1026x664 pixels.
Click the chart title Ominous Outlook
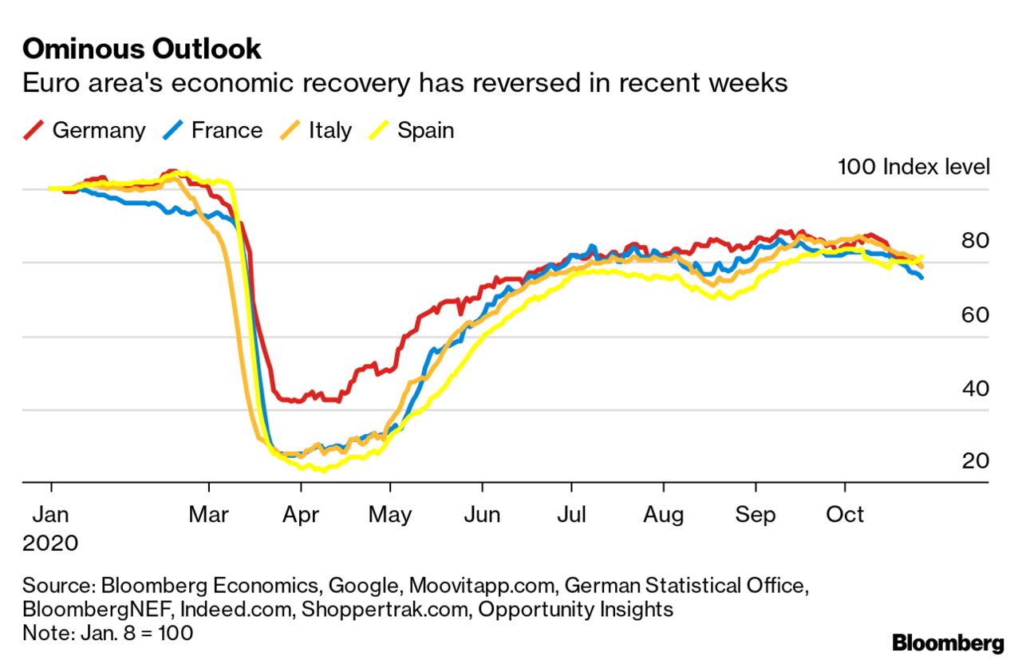(x=142, y=49)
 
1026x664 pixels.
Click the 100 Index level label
(x=914, y=167)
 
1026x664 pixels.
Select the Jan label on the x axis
(x=51, y=514)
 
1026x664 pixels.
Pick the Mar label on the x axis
(x=209, y=514)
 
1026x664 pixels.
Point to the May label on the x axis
(x=389, y=514)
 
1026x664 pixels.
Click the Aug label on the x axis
(x=664, y=514)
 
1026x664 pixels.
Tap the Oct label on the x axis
(x=845, y=514)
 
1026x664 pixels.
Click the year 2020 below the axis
(x=50, y=543)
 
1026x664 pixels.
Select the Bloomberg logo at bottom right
(x=948, y=643)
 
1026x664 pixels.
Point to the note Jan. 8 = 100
(x=108, y=633)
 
